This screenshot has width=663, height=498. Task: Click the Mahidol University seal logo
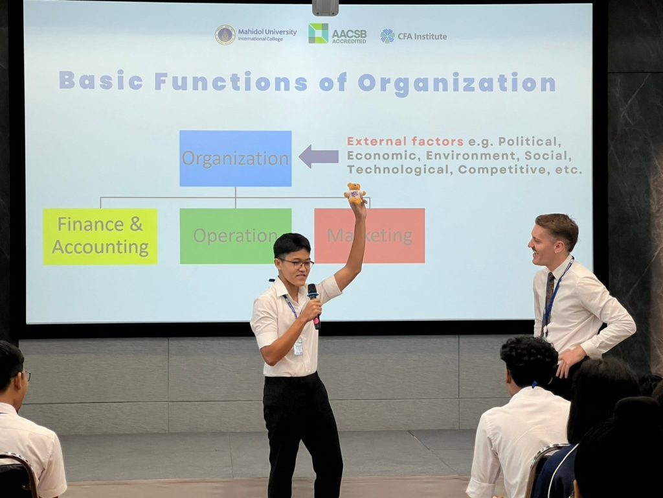[x=225, y=35]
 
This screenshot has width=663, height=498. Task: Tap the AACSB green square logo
[x=318, y=34]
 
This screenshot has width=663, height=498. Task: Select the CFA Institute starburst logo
[x=387, y=36]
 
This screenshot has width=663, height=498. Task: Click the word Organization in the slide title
[x=456, y=83]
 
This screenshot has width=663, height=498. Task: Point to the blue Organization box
[x=236, y=158]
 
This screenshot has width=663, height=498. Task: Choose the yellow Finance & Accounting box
[x=100, y=236]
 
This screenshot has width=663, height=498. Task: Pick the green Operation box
[x=236, y=236]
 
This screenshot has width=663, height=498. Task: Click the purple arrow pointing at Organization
[x=319, y=156]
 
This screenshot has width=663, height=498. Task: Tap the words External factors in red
[x=405, y=141]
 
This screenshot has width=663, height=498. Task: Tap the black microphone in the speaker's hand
[x=314, y=306]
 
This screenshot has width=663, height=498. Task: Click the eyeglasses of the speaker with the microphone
[x=298, y=264]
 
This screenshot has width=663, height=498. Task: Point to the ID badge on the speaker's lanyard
[x=298, y=347]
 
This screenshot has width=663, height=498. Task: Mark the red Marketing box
[x=370, y=235]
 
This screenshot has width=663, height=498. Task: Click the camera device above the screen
[x=326, y=8]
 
